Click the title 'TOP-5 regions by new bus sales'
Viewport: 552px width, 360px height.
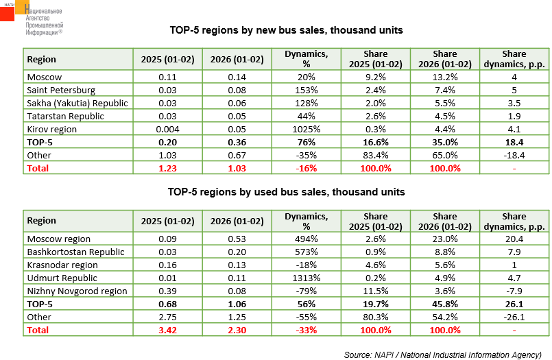286,30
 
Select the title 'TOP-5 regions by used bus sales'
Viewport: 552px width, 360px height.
287,192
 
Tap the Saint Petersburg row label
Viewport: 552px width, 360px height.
60,90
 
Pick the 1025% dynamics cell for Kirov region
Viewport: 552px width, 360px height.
307,129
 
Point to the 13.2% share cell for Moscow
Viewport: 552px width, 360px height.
445,77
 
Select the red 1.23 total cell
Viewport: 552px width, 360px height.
168,168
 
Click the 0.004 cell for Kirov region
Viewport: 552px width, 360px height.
168,129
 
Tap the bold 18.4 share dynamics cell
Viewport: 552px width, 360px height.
514,142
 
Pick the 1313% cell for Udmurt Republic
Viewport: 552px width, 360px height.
307,278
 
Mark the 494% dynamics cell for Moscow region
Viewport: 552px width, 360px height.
307,239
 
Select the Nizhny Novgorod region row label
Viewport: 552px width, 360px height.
77,291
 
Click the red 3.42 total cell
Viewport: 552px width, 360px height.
168,330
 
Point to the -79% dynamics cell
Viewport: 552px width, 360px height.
307,291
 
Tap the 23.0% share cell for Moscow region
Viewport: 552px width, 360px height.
445,239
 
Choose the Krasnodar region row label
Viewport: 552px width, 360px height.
62,265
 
